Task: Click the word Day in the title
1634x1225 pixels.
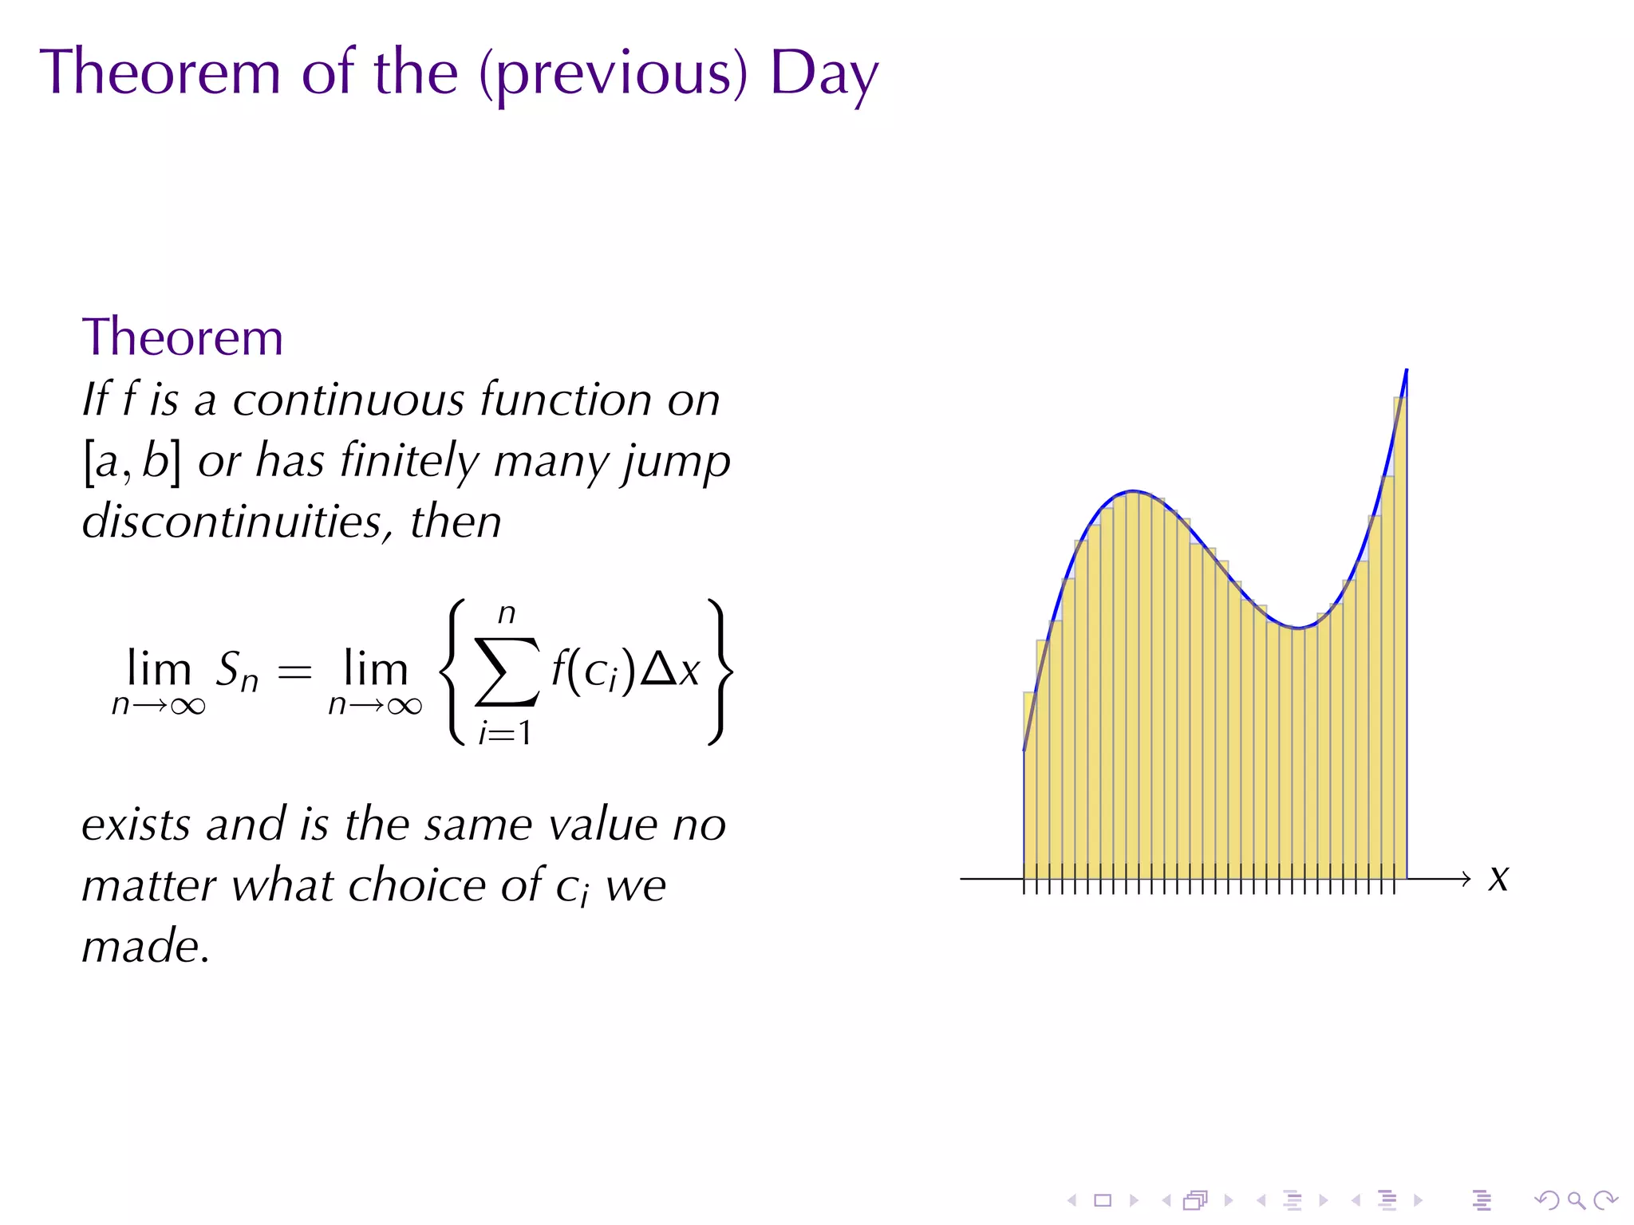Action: (823, 73)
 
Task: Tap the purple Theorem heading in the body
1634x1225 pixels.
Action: (183, 337)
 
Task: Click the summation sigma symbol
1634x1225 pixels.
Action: (507, 672)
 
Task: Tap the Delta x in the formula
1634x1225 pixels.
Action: (670, 669)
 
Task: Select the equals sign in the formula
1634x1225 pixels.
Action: (294, 672)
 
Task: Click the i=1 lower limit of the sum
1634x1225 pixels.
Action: (504, 732)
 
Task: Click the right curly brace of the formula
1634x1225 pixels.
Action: (720, 672)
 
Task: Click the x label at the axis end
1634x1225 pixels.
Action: (1498, 879)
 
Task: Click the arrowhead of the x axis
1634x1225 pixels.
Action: (1465, 879)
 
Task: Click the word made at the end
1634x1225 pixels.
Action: (145, 947)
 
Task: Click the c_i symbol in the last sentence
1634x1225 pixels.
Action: (571, 888)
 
